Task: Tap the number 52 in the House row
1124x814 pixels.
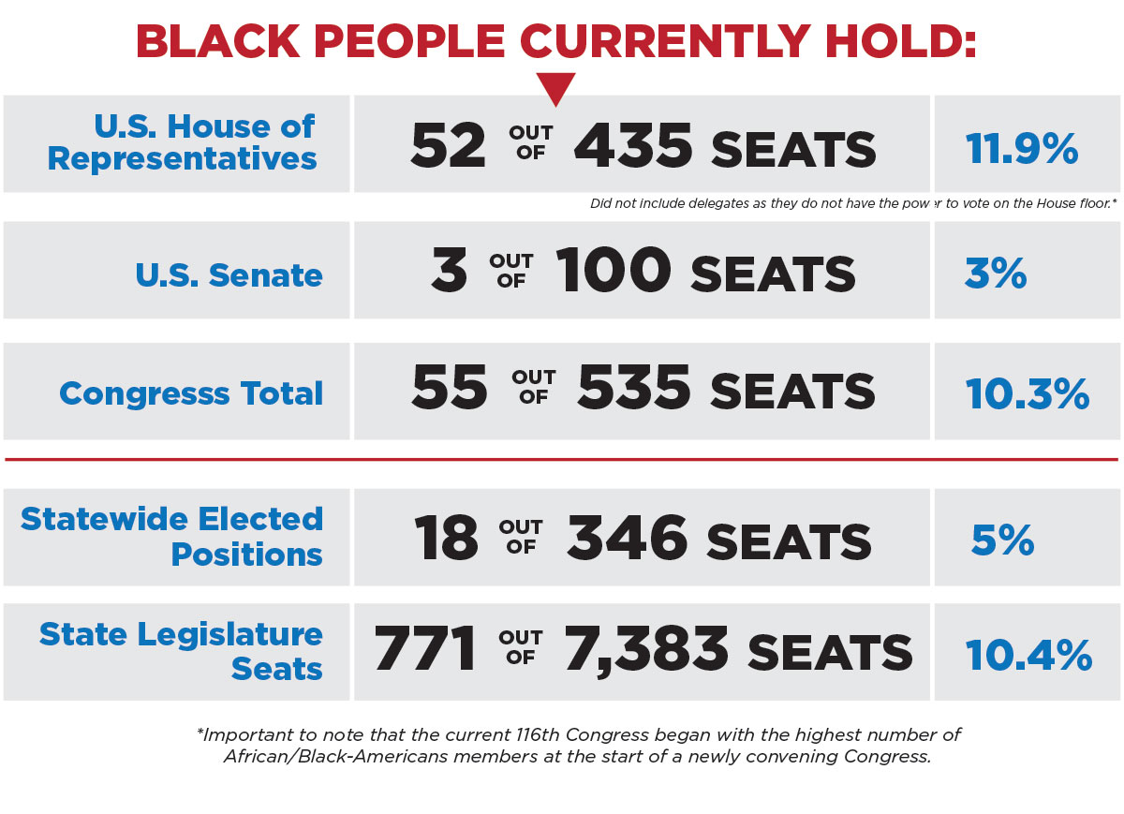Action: tap(449, 147)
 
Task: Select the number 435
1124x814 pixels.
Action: tap(634, 147)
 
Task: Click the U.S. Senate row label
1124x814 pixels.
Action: tap(229, 274)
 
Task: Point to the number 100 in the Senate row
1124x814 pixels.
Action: tap(614, 271)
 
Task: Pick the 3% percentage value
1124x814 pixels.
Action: tap(996, 274)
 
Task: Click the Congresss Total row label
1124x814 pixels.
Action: tap(191, 393)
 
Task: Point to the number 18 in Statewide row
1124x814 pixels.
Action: tap(447, 540)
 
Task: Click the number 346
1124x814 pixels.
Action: tap(628, 540)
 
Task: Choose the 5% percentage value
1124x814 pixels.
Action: tap(1003, 540)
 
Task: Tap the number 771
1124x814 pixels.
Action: tap(426, 649)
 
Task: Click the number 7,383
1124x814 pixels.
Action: tap(646, 649)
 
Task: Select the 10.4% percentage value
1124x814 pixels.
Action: tap(1028, 654)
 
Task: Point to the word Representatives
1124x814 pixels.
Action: tap(183, 159)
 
